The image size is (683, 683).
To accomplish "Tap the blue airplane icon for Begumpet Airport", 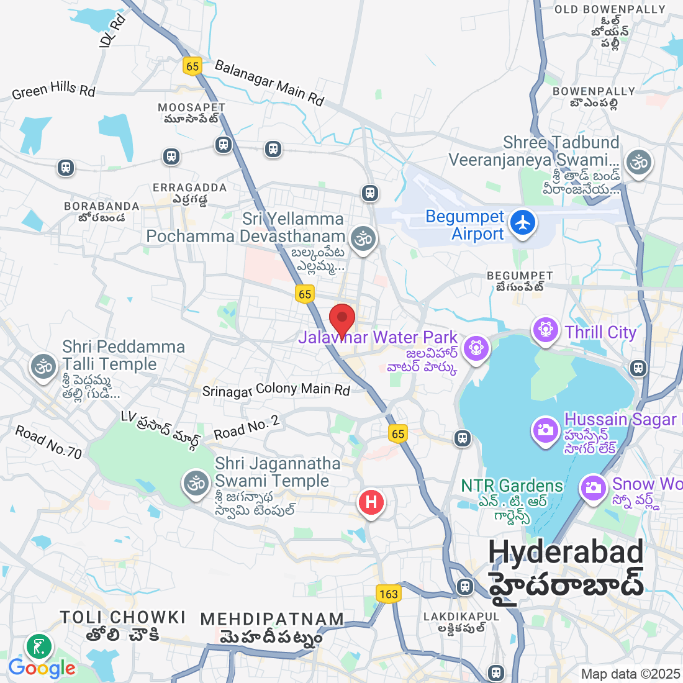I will [x=523, y=223].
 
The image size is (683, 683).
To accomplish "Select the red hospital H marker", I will [x=371, y=502].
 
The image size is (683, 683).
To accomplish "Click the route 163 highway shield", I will [x=389, y=594].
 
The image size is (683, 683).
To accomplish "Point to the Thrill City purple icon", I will [x=546, y=329].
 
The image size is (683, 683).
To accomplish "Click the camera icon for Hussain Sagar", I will [x=546, y=430].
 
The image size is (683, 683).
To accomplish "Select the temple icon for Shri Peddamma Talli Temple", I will [x=43, y=366].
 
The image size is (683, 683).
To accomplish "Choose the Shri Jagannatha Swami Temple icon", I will [x=196, y=482].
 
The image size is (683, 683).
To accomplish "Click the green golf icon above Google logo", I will [x=40, y=647].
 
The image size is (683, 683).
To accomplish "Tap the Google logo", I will [x=42, y=668].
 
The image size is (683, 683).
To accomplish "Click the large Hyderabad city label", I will [x=566, y=551].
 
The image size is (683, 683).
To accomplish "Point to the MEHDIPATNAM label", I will [x=272, y=619].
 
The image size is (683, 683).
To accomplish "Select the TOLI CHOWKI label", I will [x=123, y=617].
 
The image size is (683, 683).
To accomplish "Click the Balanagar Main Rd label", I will [x=269, y=83].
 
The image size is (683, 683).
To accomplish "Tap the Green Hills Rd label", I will [x=53, y=91].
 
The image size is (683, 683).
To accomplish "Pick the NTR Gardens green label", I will [x=512, y=486].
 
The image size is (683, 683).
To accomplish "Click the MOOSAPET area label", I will [x=191, y=107].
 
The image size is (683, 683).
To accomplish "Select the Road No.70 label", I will [x=48, y=442].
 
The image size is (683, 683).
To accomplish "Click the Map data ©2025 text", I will [x=630, y=674].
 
